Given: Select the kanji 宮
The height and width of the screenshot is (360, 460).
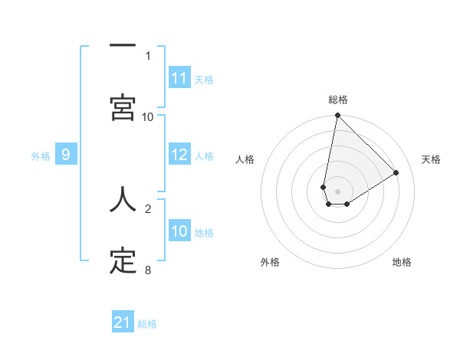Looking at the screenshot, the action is point(123,107).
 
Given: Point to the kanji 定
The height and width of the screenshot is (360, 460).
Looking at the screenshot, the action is point(123,262).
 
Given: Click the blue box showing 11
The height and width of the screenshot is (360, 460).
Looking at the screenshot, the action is point(179,78).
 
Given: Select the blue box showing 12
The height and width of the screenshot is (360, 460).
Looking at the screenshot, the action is point(179,155).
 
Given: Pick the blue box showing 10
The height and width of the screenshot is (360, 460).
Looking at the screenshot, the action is point(179,231).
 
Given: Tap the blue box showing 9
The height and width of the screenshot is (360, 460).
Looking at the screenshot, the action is point(66,155).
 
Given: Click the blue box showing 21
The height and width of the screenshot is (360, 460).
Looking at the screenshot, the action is point(123,322).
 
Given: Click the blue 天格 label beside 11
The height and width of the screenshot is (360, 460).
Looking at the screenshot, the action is point(204,79).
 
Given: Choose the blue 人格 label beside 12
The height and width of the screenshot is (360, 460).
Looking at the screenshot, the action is point(204,155).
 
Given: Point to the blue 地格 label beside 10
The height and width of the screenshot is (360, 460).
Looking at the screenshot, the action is point(204,232).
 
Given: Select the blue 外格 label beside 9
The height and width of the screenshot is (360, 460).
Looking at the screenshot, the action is point(41,155).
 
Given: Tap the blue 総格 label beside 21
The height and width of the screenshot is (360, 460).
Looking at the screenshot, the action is point(147,323).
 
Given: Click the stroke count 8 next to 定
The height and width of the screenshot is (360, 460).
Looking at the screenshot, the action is point(148,270).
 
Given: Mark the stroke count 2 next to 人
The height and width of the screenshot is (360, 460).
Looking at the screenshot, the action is point(148,208).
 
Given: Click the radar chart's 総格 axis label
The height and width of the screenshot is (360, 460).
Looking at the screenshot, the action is point(338,100).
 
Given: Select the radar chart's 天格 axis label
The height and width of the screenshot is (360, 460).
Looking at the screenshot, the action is point(431,159).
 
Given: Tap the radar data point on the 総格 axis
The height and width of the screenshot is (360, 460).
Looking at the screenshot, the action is point(337,116).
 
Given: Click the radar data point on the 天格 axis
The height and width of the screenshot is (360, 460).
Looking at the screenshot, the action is point(396,173).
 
